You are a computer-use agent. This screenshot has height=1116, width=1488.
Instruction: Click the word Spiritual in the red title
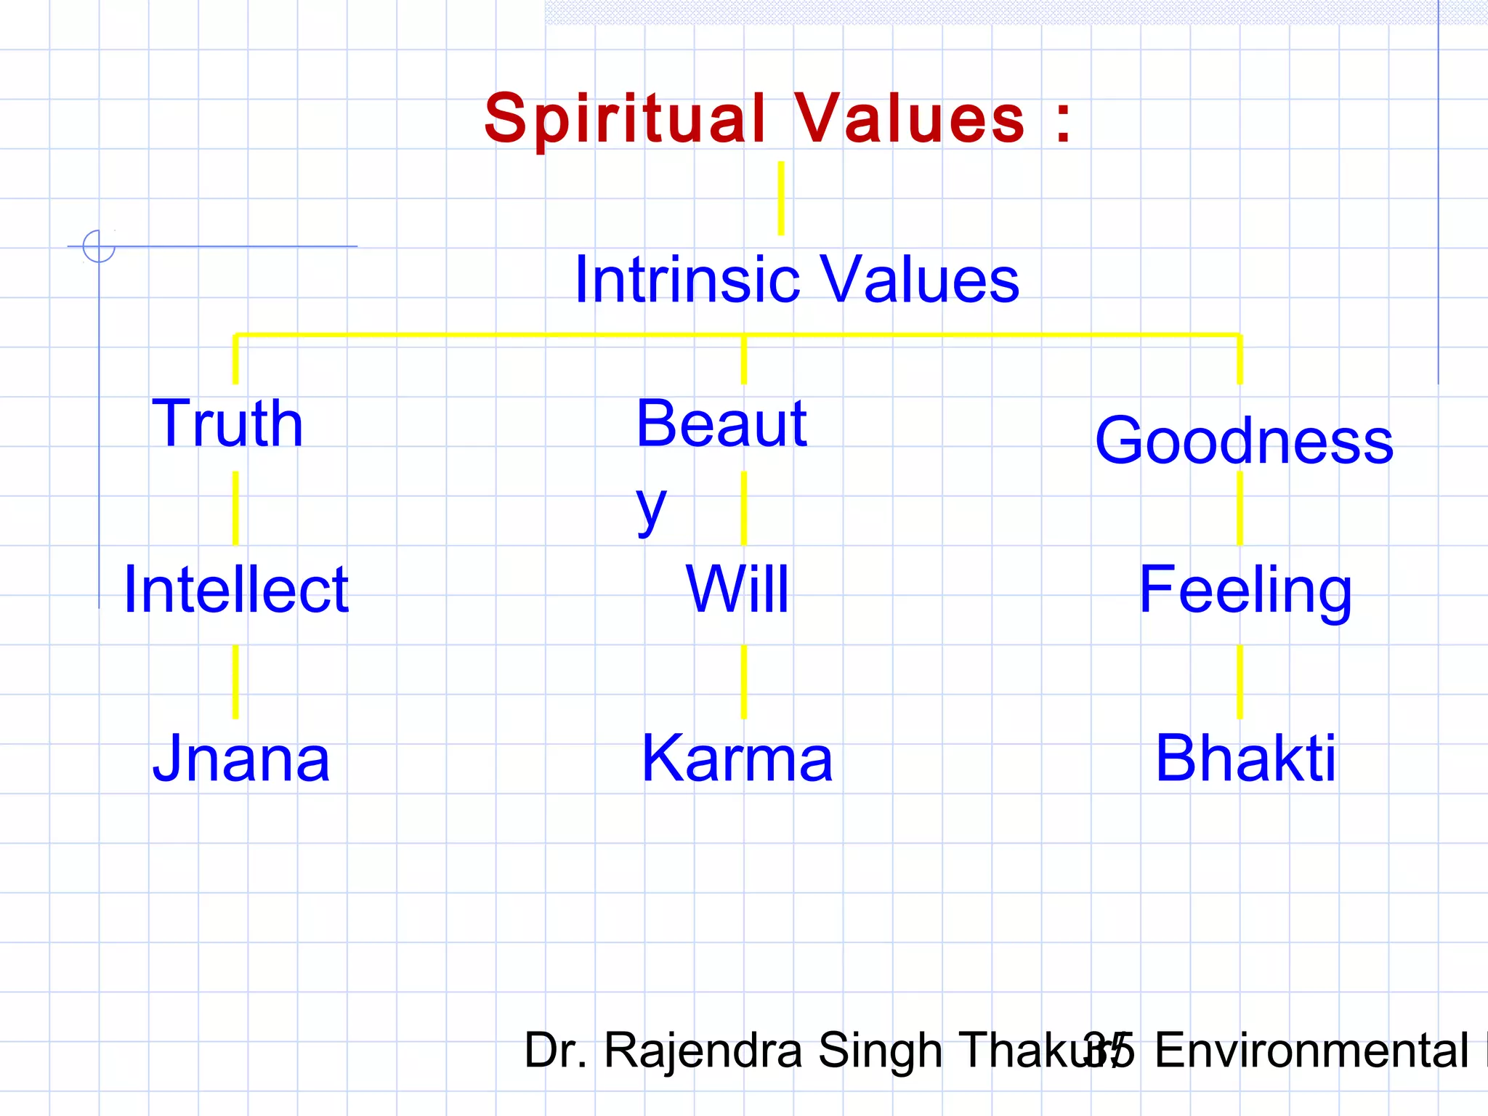625,120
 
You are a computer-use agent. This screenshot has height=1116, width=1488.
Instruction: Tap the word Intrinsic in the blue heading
687,280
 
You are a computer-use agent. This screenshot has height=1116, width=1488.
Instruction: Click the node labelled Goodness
1244,440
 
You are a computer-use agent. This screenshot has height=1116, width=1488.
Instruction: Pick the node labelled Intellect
236,589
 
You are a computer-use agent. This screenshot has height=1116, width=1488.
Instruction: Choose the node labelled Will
737,589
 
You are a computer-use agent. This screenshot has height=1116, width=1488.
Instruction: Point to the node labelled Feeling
1245,591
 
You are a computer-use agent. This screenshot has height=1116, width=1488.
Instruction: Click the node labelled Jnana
241,759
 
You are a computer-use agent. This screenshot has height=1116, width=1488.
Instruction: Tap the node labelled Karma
737,759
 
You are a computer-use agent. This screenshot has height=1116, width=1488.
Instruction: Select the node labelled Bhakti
1245,759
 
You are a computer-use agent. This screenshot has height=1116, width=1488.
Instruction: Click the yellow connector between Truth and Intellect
235,508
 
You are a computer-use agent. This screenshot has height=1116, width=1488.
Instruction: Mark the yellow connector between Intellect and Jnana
235,682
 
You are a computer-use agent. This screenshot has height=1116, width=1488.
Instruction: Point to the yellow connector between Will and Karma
743,682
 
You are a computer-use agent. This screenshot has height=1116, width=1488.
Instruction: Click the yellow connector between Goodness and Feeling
1240,509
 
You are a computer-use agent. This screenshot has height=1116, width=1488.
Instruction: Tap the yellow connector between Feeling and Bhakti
1240,682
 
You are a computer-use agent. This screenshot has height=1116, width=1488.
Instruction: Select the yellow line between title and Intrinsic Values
781,198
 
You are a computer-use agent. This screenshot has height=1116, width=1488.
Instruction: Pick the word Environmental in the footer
1311,1051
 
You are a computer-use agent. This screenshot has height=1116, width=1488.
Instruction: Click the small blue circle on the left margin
99,246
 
